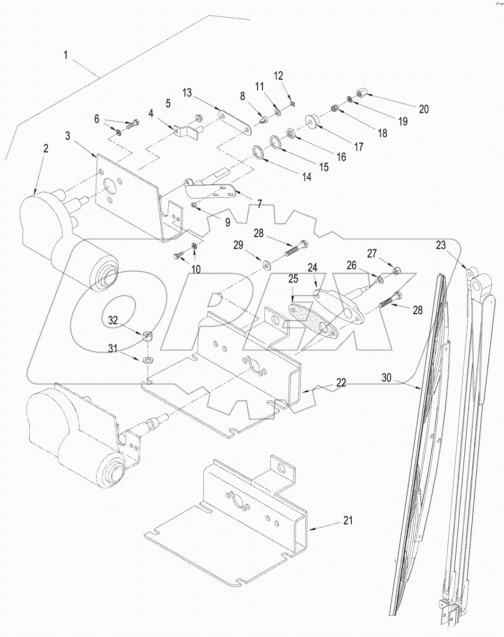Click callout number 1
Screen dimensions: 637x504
tap(66, 55)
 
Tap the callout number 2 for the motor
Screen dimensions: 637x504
tap(45, 148)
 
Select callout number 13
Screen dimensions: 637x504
tap(187, 93)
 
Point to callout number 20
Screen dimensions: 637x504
tap(424, 109)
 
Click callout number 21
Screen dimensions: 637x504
tap(348, 520)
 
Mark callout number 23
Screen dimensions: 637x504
tap(441, 246)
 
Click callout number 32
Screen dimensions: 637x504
tap(113, 320)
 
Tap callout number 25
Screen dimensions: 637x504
tap(293, 279)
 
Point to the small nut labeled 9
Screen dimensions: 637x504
tap(194, 205)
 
